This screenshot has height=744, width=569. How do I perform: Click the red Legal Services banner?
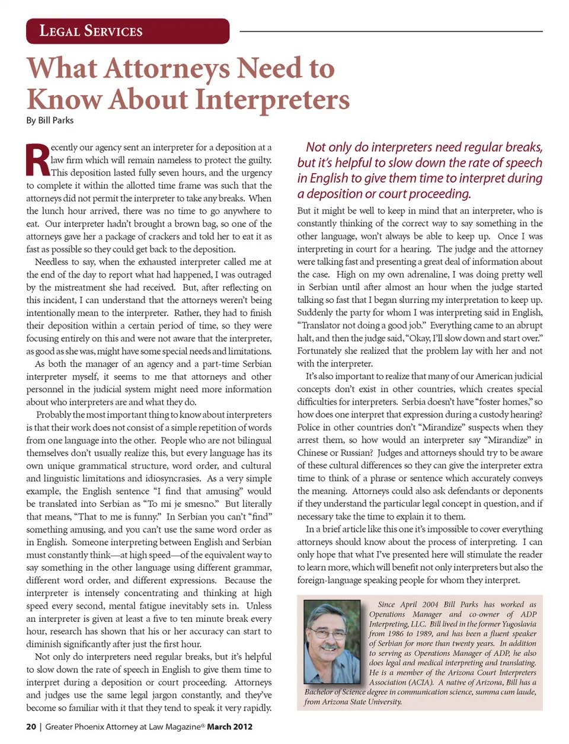coord(127,31)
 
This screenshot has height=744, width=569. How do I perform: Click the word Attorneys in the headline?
coord(167,68)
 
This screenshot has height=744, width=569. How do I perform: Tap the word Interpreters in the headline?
coord(272,100)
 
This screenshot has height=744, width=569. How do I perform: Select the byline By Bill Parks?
coord(50,120)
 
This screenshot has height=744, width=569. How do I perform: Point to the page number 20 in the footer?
coord(31,727)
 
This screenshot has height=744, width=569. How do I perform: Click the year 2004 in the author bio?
coord(431,605)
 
